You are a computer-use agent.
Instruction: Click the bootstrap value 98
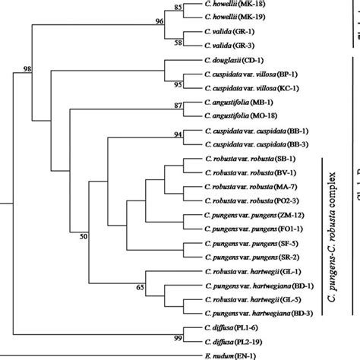[x=28, y=69]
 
